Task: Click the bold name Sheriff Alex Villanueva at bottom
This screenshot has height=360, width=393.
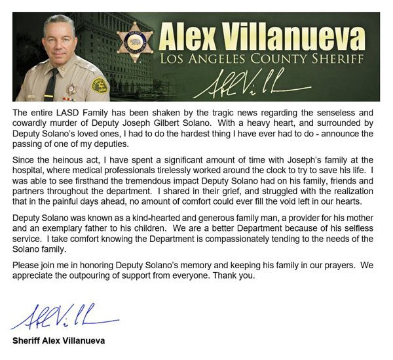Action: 58,341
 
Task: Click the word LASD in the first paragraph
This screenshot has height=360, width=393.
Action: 62,113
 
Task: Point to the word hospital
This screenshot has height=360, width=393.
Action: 31,170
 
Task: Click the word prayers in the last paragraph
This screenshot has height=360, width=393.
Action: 326,264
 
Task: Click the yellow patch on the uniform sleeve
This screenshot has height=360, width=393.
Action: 99,85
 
